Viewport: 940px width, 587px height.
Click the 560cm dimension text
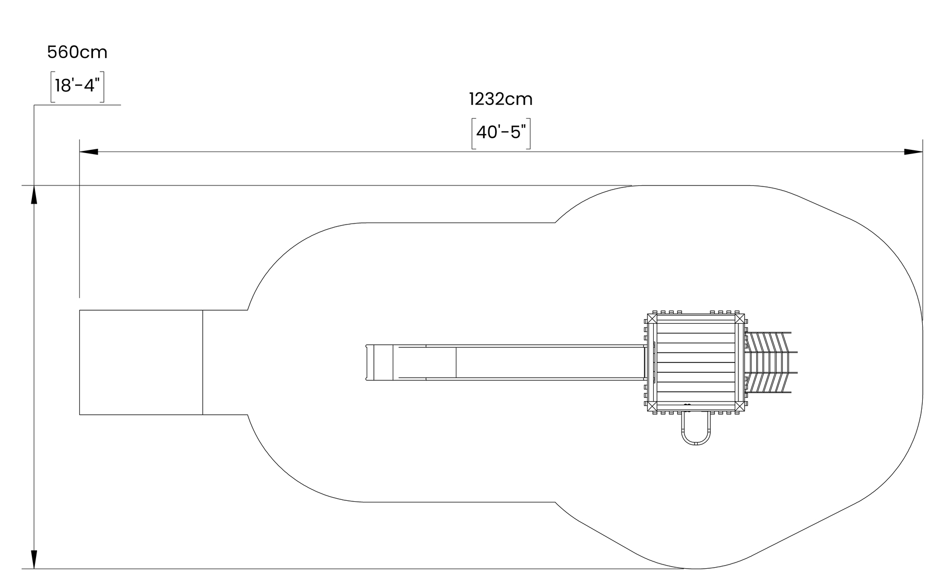pos(77,52)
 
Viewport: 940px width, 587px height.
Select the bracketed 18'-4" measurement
pos(77,86)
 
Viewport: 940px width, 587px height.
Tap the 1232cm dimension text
pos(501,99)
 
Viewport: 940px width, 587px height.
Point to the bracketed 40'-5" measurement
pos(501,133)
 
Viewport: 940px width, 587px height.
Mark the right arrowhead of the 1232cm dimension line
pos(913,152)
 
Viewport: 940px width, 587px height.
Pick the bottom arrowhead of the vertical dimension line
pos(34,559)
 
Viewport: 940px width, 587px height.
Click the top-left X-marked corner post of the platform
pos(652,319)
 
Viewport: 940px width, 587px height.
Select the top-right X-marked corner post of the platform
pos(739,319)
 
